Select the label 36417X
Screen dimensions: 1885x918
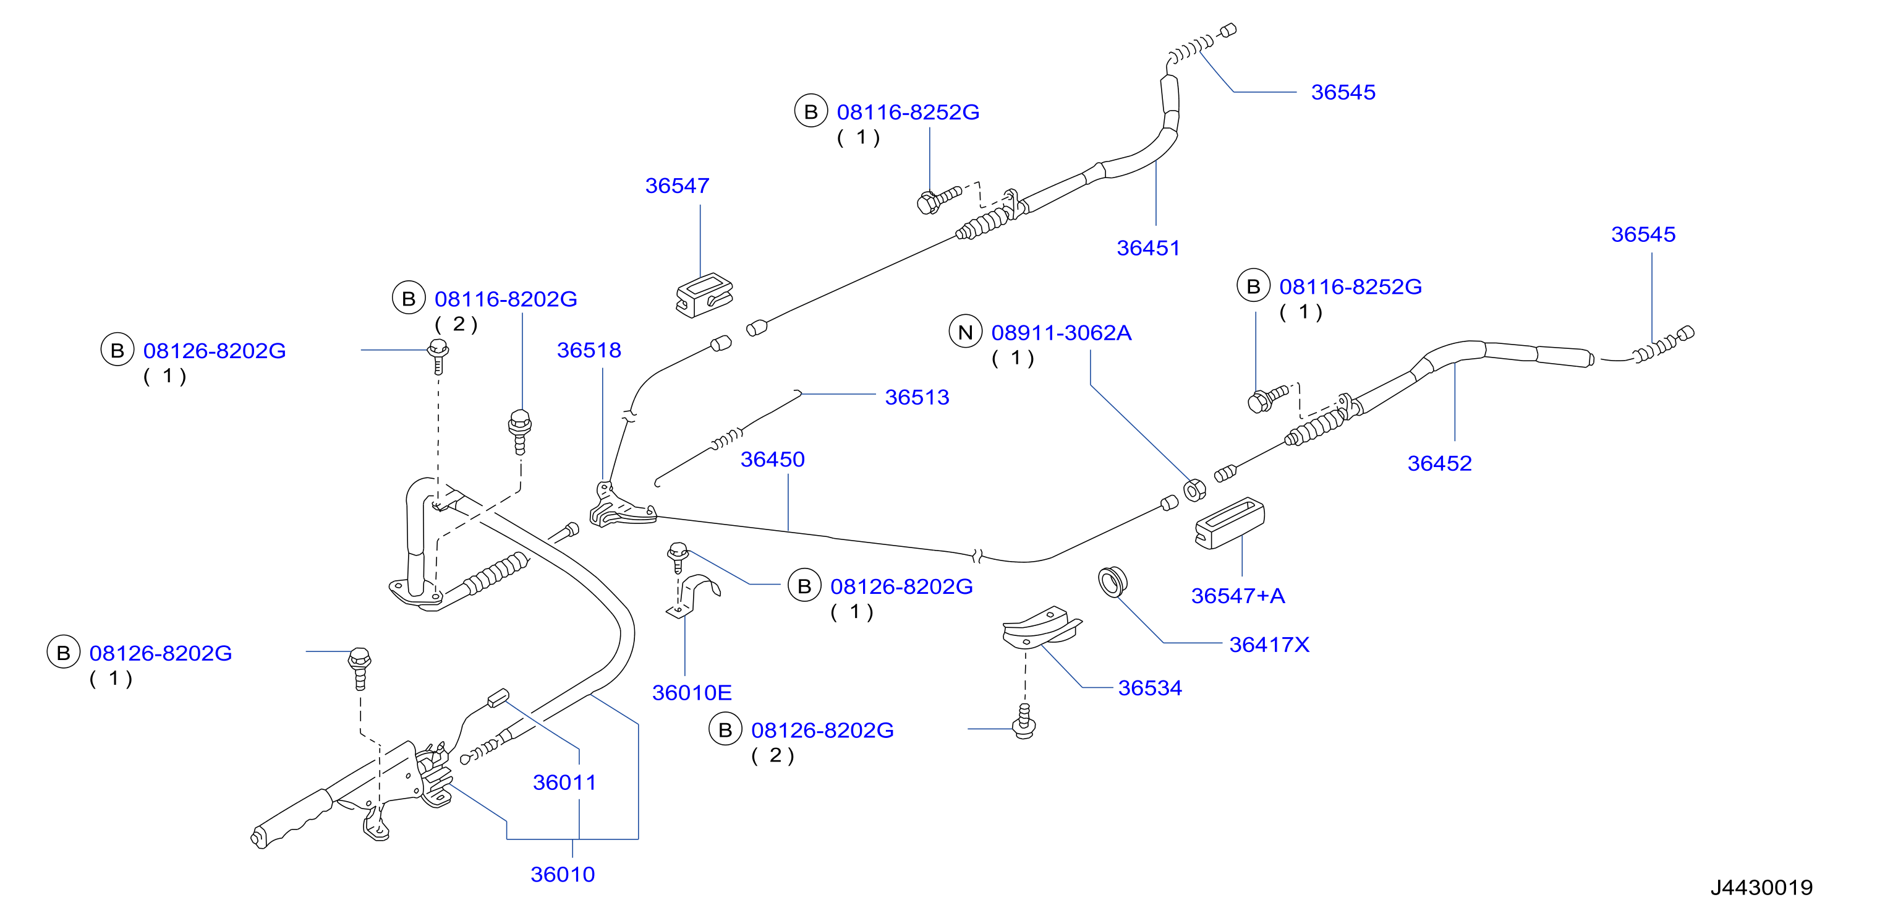click(x=1269, y=645)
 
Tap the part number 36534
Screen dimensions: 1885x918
click(x=1149, y=688)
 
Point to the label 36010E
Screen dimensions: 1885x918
click(x=692, y=693)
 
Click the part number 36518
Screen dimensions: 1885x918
click(x=589, y=350)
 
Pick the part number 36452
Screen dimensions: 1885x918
click(x=1439, y=463)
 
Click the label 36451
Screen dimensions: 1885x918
click(x=1148, y=248)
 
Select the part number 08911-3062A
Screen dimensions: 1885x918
click(x=1061, y=333)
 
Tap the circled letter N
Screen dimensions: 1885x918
click(x=965, y=332)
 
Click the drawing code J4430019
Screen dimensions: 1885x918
click(x=1761, y=888)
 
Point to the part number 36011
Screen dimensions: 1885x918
click(x=564, y=783)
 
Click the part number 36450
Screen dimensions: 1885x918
click(x=772, y=459)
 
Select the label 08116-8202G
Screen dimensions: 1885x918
click(x=506, y=299)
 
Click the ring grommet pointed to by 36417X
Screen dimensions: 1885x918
click(x=1112, y=581)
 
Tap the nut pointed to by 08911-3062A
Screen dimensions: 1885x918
click(x=1194, y=490)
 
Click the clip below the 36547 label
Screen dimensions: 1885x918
click(x=704, y=294)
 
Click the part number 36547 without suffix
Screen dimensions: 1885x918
click(x=677, y=186)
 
